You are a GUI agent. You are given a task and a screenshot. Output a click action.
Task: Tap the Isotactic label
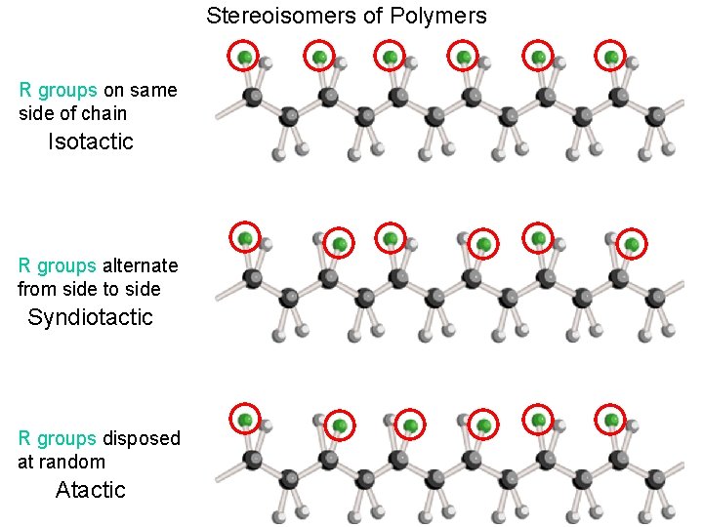point(91,142)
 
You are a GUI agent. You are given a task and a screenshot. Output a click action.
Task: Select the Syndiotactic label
point(91,317)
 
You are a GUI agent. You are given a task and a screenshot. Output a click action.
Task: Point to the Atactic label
point(91,489)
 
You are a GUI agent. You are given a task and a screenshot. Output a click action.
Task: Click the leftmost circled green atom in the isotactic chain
point(244,59)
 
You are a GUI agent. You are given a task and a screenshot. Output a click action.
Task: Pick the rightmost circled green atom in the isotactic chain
point(611,59)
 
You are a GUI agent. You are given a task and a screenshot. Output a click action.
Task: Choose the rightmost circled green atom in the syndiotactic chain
point(632,244)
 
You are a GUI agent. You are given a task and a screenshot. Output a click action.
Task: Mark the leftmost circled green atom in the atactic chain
point(245,421)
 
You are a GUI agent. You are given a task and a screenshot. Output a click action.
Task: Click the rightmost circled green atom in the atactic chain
point(611,421)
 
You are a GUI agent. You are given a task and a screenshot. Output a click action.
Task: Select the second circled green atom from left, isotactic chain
point(319,59)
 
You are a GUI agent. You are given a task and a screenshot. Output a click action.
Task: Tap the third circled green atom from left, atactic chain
point(412,426)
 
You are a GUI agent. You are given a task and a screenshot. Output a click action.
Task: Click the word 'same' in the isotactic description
point(153,91)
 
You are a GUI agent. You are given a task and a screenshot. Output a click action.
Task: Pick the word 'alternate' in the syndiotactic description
point(140,265)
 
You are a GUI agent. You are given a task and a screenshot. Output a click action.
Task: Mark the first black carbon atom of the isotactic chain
point(252,97)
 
